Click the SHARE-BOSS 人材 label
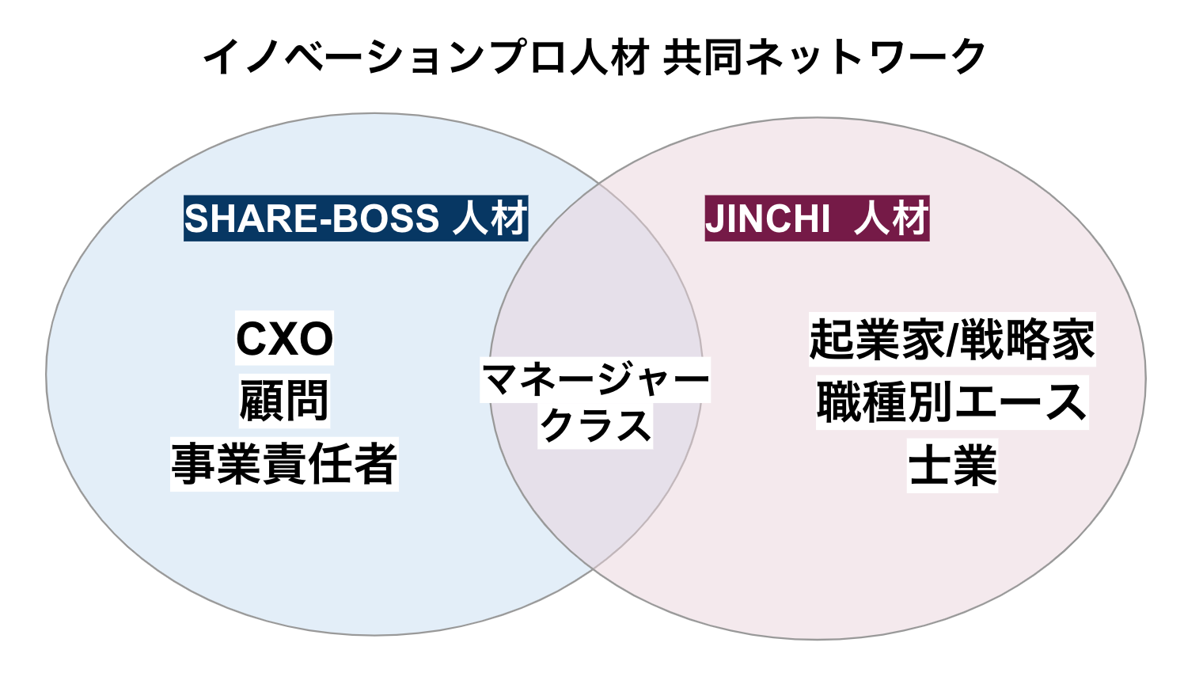[355, 219]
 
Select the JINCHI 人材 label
[817, 219]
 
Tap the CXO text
[285, 339]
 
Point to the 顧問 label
[284, 401]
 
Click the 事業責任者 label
[284, 464]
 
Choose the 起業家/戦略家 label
[952, 339]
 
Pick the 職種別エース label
[952, 402]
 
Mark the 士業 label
[952, 466]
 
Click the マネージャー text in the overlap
[595, 380]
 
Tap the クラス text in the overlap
[595, 426]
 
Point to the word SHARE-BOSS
[312, 219]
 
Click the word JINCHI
[768, 219]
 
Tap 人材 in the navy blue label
[490, 219]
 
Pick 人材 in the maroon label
[890, 219]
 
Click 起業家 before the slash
[877, 339]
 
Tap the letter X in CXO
[285, 339]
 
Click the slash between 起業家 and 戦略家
[952, 339]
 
